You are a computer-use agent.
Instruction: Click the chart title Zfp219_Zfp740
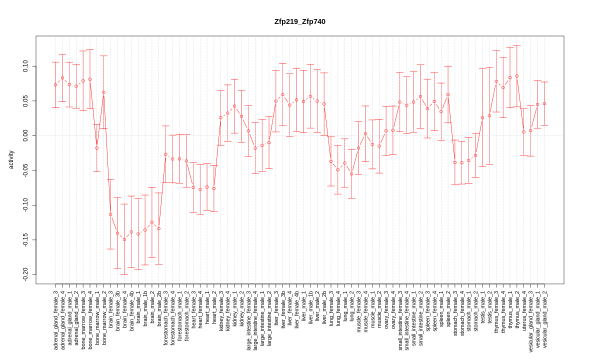pyautogui.click(x=299, y=21)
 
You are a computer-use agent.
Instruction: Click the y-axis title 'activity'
pyautogui.click(x=11, y=159)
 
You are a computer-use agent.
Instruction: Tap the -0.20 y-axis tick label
pyautogui.click(x=25, y=274)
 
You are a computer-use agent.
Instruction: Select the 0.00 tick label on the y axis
pyautogui.click(x=25, y=135)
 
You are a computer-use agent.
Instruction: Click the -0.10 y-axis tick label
pyautogui.click(x=25, y=205)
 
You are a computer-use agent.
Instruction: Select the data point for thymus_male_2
pyautogui.click(x=517, y=76)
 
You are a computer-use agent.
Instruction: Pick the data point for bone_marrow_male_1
pyautogui.click(x=97, y=148)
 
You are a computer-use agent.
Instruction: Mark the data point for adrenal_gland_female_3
pyautogui.click(x=55, y=85)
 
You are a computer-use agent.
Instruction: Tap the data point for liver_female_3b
pyautogui.click(x=282, y=94)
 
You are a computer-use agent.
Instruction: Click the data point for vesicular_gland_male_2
pyautogui.click(x=544, y=103)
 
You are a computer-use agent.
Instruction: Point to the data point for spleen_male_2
pyautogui.click(x=448, y=94)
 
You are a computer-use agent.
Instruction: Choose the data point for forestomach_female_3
pyautogui.click(x=165, y=154)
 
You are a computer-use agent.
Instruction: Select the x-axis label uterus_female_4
pyautogui.click(x=524, y=310)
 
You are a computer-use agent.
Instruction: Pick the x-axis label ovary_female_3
pyautogui.click(x=386, y=309)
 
